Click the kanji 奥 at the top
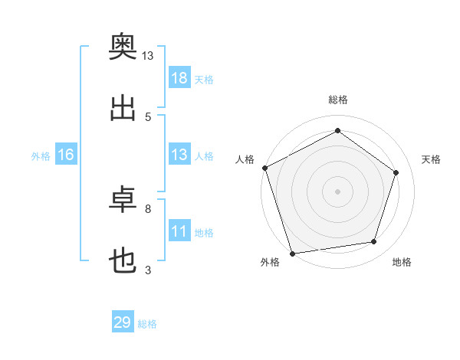[123, 46]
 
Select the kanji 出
[123, 108]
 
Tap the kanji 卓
[123, 199]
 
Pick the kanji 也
[123, 260]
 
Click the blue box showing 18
[179, 77]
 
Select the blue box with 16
[66, 154]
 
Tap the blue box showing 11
[179, 230]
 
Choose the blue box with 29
[123, 321]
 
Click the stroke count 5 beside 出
[148, 117]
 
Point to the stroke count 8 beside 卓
[148, 209]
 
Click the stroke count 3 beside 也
[148, 270]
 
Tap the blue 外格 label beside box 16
[41, 156]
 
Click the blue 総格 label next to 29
[147, 324]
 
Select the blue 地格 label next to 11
[204, 233]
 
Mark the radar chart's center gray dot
[337, 191]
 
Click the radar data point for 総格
[337, 130]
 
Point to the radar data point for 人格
[265, 168]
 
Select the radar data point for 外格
[292, 254]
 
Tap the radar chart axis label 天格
[431, 159]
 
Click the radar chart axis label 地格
[402, 262]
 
